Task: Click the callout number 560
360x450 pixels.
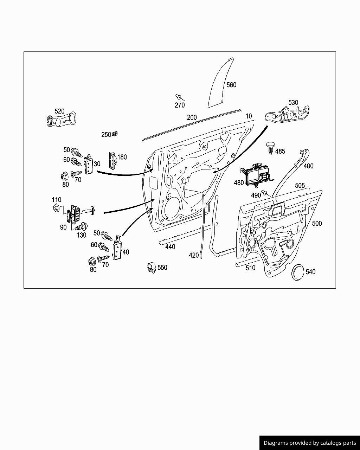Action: pos(231,85)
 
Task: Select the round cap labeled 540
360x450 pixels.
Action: pos(299,271)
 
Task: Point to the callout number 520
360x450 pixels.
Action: pos(59,111)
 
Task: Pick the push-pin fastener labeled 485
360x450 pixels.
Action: pos(270,148)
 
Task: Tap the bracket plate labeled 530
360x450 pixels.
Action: pos(287,114)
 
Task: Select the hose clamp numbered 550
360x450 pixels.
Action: pos(152,268)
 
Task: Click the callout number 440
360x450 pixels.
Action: pos(170,247)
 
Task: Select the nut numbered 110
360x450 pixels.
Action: pos(56,208)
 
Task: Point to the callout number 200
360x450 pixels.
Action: pos(192,117)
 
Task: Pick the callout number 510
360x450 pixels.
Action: pos(250,268)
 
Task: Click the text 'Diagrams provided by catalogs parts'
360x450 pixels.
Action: pos(310,443)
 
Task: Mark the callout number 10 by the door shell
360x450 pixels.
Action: pos(249,116)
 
